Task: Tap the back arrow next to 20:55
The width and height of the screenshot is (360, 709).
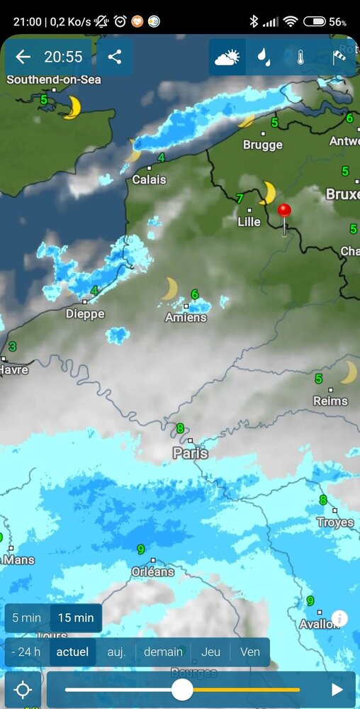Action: click(23, 57)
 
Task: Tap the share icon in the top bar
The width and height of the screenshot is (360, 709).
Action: click(114, 57)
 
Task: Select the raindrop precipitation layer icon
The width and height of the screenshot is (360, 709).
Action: click(264, 57)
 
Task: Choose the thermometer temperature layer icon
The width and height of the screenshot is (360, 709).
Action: click(300, 57)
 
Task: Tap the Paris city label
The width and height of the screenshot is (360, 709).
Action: click(191, 452)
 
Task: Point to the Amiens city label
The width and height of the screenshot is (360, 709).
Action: click(186, 318)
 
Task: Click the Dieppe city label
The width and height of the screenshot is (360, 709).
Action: click(85, 313)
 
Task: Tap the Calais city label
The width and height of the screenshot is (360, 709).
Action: click(149, 180)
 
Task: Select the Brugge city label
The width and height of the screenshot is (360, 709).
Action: click(263, 145)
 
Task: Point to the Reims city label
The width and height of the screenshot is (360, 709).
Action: click(330, 401)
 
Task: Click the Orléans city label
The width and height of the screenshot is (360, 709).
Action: click(153, 571)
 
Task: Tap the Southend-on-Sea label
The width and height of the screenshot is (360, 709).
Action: click(54, 80)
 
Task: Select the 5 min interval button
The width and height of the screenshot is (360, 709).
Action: click(26, 618)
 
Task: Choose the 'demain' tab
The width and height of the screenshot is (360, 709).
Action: click(163, 652)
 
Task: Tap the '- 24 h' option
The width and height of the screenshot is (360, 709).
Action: click(27, 652)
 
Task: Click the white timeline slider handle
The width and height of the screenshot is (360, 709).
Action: click(182, 689)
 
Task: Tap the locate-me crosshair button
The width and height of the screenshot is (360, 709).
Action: click(23, 690)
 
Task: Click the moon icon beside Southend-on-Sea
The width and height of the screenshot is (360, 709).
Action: click(71, 108)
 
